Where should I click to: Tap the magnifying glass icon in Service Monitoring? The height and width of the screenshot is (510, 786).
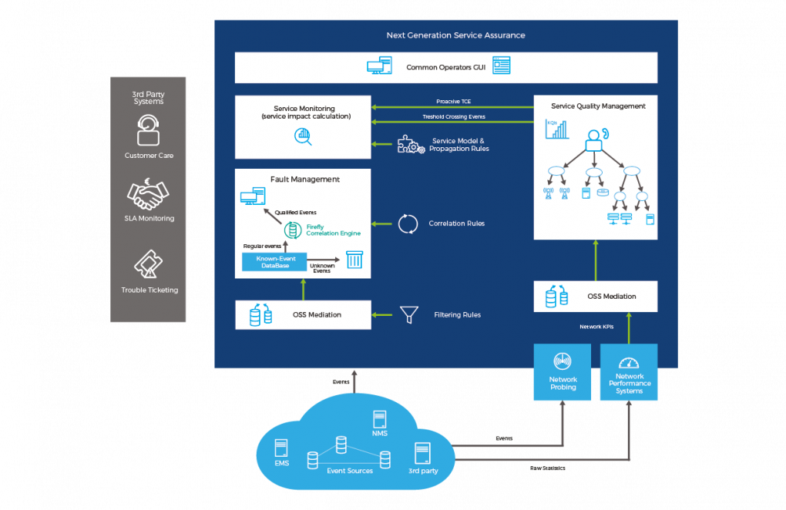coord(303,137)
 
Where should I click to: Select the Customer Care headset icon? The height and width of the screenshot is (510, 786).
coord(148,130)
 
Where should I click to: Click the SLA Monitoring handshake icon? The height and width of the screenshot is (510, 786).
coord(148,194)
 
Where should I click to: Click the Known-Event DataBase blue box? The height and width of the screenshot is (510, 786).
coord(274,262)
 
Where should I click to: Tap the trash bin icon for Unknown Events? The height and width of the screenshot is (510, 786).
coord(354,260)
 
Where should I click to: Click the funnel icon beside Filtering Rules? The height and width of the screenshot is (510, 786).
coord(408,314)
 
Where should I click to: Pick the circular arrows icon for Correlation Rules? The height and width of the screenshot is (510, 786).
coord(408,224)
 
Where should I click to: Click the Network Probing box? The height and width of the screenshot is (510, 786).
coord(563,372)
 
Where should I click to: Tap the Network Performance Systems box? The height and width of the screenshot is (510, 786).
coord(629,372)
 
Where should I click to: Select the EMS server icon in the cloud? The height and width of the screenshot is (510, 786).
coord(281,448)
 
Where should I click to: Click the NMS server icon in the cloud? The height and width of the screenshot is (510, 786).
coord(379,420)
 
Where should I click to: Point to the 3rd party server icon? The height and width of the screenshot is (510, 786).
coord(422,452)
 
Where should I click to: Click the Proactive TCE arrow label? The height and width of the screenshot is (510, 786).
coord(453,102)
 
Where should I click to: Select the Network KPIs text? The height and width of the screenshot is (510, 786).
coord(596,327)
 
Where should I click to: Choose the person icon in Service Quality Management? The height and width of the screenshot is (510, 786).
coord(594,140)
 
